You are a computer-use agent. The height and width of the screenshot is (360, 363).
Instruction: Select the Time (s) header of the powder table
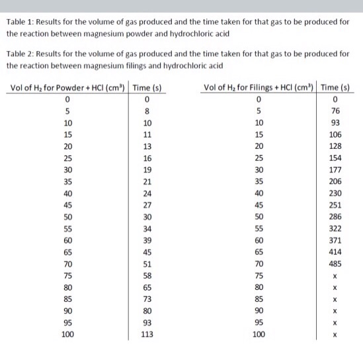pyautogui.click(x=147, y=89)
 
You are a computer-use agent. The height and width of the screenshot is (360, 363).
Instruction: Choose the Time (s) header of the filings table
pyautogui.click(x=335, y=87)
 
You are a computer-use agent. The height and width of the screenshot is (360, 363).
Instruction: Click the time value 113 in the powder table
pyautogui.click(x=147, y=334)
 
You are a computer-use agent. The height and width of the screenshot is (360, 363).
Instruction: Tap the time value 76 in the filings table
pyautogui.click(x=335, y=111)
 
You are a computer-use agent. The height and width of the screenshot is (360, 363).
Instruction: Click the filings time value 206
pyautogui.click(x=335, y=181)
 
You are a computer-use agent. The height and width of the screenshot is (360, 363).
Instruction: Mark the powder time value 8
pyautogui.click(x=147, y=111)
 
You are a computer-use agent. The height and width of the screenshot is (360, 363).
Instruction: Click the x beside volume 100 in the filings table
pyautogui.click(x=335, y=334)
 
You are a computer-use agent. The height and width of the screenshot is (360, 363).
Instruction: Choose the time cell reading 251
pyautogui.click(x=335, y=205)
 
